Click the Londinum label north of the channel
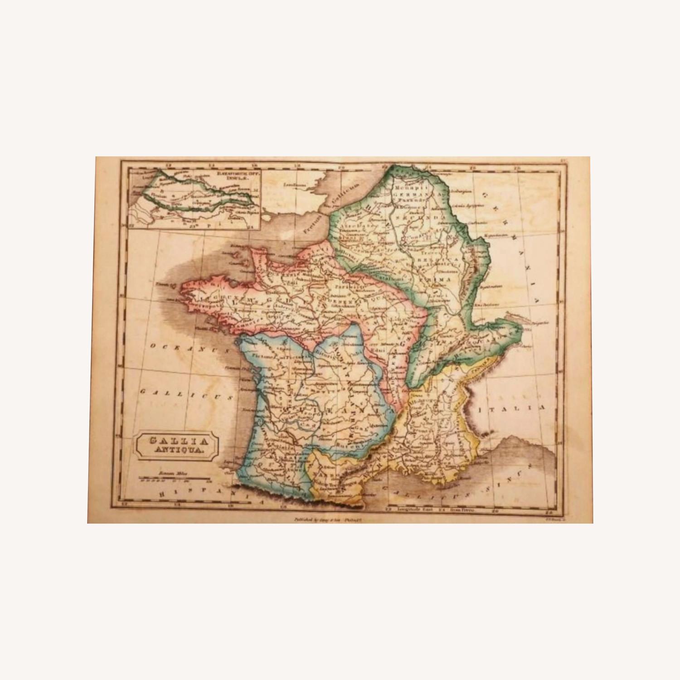click(294, 185)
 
